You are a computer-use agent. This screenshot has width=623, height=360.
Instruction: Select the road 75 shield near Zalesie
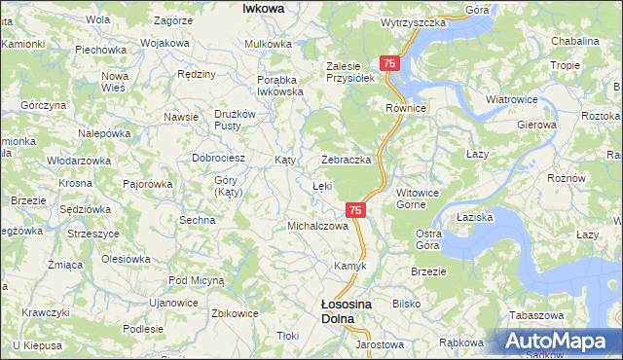coord(389,63)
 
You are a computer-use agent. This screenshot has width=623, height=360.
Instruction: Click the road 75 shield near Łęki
coord(355,209)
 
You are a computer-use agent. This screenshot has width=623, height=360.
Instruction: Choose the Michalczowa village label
coord(317,226)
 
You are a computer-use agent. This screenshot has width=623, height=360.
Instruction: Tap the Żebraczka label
coord(348,160)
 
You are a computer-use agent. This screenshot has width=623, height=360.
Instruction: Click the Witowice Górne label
coord(421,199)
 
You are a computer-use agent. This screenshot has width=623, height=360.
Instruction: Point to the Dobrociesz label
coord(217,157)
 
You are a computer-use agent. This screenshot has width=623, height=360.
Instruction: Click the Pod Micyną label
coord(196,280)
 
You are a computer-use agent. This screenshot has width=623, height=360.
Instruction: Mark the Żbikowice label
coord(235,313)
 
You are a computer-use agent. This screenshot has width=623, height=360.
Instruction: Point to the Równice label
coord(407,108)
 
